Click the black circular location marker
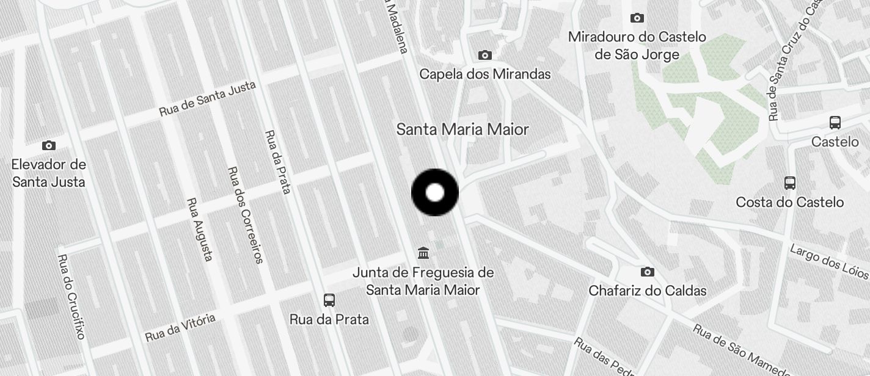[x=435, y=193]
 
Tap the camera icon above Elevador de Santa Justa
[x=49, y=145]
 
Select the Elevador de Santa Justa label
[x=49, y=173]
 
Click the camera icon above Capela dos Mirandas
[x=485, y=56]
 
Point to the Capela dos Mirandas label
[x=485, y=74]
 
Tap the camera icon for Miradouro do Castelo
[x=637, y=18]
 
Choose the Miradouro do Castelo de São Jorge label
[x=637, y=46]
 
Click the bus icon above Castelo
[x=835, y=122]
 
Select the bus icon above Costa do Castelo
[x=790, y=183]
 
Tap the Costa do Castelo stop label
[x=790, y=202]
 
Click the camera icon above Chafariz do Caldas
[x=648, y=272]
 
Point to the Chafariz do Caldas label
[x=648, y=291]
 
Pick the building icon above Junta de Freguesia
[x=423, y=252]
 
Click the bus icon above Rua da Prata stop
[x=329, y=300]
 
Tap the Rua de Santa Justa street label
[x=207, y=99]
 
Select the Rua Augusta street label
[x=200, y=229]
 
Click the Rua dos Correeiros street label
[x=244, y=215]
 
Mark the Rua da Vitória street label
[x=180, y=328]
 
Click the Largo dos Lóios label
[x=829, y=261]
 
